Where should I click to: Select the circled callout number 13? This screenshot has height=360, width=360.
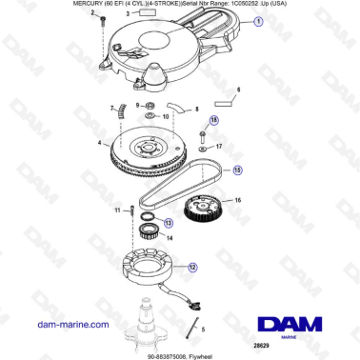[168, 222]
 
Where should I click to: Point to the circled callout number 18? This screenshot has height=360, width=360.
[213, 119]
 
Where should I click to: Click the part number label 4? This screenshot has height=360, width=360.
[98, 145]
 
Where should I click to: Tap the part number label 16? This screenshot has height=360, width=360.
[238, 200]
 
